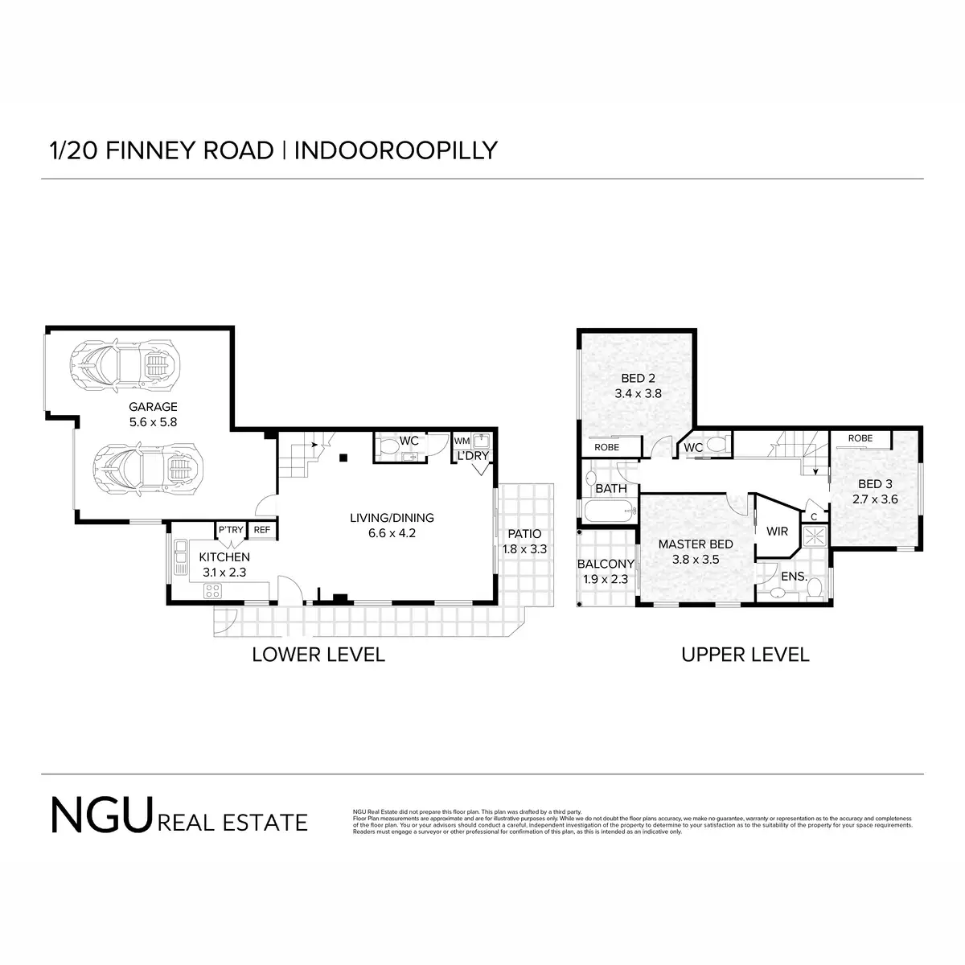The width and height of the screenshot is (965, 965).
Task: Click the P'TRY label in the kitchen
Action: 231,530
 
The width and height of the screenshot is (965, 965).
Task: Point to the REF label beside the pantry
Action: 262,530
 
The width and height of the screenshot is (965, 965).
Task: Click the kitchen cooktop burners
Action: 213,592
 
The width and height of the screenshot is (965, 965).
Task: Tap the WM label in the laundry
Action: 462,441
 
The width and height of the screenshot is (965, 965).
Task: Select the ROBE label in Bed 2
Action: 606,448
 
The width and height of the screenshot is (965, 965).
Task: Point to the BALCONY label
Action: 606,564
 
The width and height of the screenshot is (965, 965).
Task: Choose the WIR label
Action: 778,532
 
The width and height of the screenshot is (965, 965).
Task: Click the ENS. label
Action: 795,577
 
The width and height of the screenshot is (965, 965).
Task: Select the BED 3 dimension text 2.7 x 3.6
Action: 875,499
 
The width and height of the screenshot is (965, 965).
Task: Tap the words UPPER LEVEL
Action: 745,655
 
